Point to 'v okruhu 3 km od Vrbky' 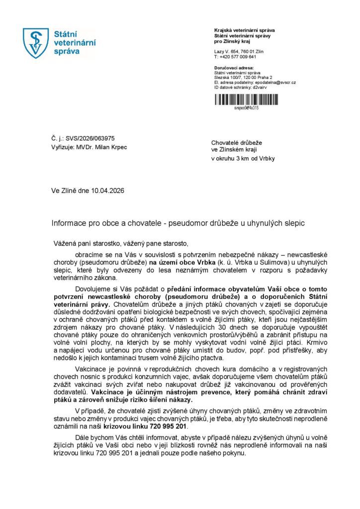pos(243,159)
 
